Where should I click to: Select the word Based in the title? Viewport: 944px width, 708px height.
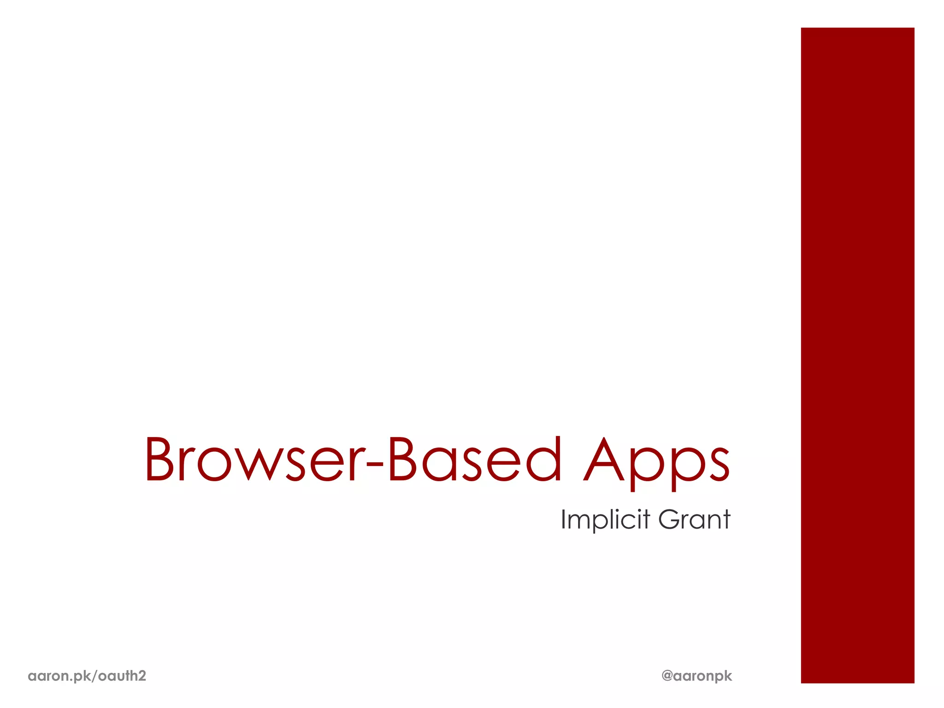475,460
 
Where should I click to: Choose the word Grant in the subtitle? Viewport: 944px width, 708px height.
694,519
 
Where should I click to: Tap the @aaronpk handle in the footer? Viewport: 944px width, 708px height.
696,676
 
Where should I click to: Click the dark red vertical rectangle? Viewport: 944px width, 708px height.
857,355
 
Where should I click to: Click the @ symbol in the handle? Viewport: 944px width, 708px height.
667,675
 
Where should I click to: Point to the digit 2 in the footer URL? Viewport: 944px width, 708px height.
142,676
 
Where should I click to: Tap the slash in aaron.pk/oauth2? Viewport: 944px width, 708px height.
95,676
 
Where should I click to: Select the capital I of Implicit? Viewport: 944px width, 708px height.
563,519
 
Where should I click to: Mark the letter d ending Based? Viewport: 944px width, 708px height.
545,460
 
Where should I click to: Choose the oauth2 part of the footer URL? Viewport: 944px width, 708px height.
122,676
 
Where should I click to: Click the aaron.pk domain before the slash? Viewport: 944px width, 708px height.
59,676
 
